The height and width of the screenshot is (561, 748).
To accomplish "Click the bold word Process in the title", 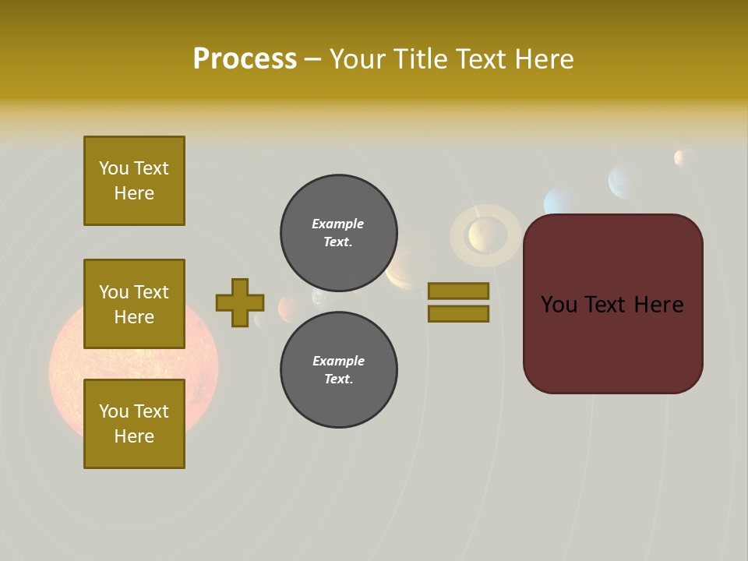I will click(245, 59).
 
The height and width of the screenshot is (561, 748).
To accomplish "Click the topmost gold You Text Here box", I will click(134, 181).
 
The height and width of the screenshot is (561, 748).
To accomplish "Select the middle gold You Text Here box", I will click(134, 304).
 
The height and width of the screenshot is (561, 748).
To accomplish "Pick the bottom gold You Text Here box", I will click(134, 423).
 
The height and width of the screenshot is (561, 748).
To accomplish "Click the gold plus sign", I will click(240, 302).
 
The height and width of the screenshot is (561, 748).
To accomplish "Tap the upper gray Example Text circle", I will click(338, 233).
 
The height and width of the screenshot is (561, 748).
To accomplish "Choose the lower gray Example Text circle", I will click(338, 370).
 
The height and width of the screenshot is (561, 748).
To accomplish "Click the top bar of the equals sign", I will click(458, 291).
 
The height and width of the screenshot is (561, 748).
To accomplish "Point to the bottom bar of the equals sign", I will click(458, 313).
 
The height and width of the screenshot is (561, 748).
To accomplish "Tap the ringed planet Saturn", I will click(485, 234).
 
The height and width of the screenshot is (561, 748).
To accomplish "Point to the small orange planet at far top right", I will click(683, 158).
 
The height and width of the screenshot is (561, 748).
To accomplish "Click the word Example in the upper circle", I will click(338, 224).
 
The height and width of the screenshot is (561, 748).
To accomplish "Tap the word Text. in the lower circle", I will click(338, 379).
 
